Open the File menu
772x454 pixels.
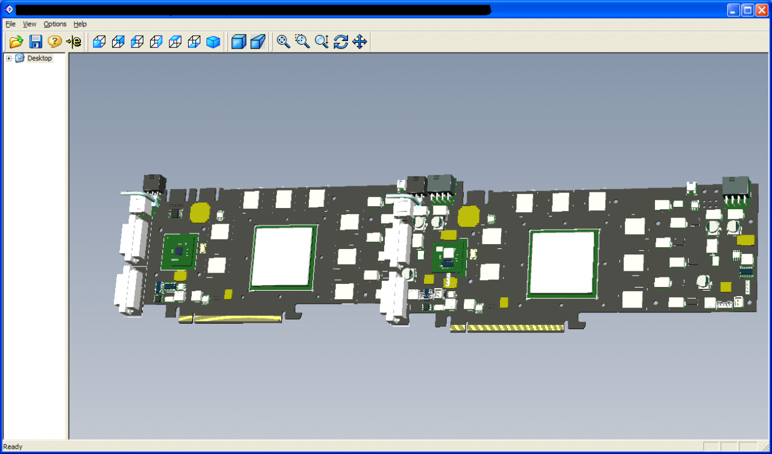[x=10, y=24]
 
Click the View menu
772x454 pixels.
[x=30, y=24]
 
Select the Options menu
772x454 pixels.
[x=55, y=24]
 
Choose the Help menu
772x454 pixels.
[x=80, y=24]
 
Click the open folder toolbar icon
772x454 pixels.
[x=16, y=42]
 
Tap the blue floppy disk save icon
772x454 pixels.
[x=36, y=42]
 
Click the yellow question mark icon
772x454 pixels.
[x=54, y=42]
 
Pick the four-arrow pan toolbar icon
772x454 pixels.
[x=360, y=42]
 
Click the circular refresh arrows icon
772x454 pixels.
[x=341, y=42]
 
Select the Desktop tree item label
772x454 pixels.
[x=40, y=58]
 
